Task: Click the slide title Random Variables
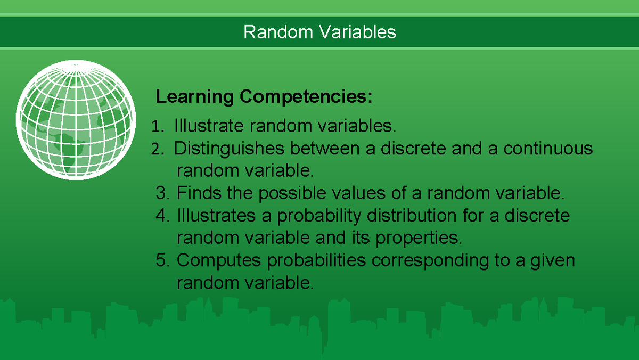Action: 319,32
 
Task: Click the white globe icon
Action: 73,118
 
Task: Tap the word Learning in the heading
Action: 194,97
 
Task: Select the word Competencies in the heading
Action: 306,97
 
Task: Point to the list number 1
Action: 155,127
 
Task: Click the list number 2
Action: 156,149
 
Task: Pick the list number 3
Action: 162,192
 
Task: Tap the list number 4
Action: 162,216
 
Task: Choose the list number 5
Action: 162,260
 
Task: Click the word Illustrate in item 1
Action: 209,126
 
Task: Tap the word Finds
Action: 200,192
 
